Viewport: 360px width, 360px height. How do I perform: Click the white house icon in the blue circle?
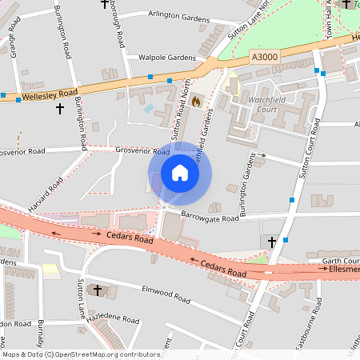pos(179,172)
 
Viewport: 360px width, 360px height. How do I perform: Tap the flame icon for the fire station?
pos(197,102)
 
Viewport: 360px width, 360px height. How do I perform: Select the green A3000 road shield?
pos(263,56)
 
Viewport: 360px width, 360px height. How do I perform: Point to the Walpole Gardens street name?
pos(167,58)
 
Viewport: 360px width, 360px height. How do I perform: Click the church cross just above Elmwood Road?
pos(98,290)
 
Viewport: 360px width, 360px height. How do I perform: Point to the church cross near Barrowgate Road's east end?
pos(271,242)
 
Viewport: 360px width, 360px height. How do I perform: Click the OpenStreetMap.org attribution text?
pos(108,354)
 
